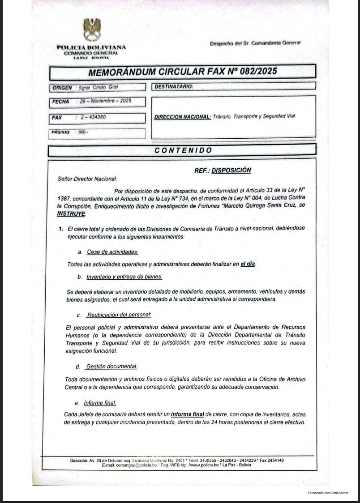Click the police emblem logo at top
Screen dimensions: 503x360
pyautogui.click(x=92, y=29)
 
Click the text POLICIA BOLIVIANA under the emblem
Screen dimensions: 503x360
pyautogui.click(x=91, y=47)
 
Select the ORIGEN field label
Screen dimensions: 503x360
pyautogui.click(x=62, y=88)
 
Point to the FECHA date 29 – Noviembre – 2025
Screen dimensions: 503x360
pyautogui.click(x=106, y=102)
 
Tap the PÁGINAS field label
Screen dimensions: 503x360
pyautogui.click(x=61, y=132)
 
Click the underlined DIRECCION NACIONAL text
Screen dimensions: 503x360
pyautogui.click(x=182, y=117)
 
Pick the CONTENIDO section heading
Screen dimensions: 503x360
pyautogui.click(x=184, y=150)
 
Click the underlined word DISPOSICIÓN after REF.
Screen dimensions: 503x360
pyautogui.click(x=231, y=171)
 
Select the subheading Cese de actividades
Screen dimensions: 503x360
pyautogui.click(x=112, y=252)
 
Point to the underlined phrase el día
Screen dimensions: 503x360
pyautogui.click(x=248, y=264)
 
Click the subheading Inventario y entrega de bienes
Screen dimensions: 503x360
pyautogui.click(x=124, y=277)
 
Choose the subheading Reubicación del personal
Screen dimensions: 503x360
pyautogui.click(x=119, y=315)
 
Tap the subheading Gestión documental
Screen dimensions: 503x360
pyautogui.click(x=111, y=367)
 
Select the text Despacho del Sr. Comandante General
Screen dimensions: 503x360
pyautogui.click(x=255, y=43)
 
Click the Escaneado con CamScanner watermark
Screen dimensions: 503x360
pyautogui.click(x=328, y=493)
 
